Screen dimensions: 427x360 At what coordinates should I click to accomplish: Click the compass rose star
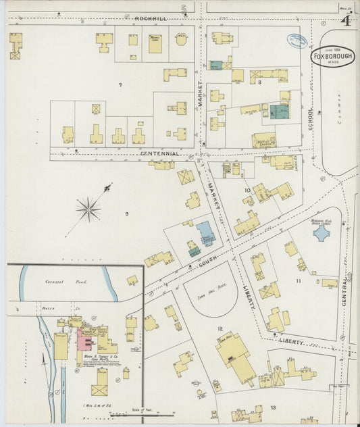click(x=88, y=209)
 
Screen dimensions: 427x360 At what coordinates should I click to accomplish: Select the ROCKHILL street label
click(x=149, y=18)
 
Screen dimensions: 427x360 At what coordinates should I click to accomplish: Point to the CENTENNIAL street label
click(x=160, y=153)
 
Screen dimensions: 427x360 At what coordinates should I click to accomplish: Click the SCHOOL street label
click(x=311, y=118)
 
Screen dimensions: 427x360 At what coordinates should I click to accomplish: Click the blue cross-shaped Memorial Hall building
click(x=322, y=233)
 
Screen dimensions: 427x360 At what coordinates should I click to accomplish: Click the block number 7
click(x=120, y=84)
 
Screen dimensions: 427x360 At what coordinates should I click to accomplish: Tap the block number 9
click(x=126, y=214)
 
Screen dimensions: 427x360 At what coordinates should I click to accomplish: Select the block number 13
click(x=273, y=407)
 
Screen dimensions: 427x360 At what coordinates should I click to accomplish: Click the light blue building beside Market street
click(x=205, y=233)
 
